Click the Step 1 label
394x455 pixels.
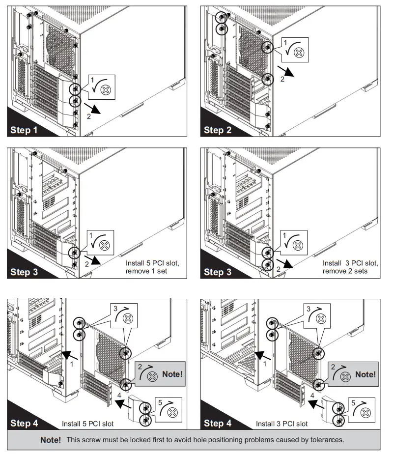tap(24, 130)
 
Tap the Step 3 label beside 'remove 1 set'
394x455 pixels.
tap(24, 272)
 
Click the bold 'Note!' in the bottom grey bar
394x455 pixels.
tap(50, 440)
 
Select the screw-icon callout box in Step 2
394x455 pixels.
tap(295, 50)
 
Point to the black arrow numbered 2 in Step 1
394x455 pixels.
tap(93, 109)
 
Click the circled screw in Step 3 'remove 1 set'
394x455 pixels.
tap(75, 253)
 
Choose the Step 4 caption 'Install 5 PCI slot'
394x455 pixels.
tap(87, 424)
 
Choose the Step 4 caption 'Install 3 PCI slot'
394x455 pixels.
tap(281, 424)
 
